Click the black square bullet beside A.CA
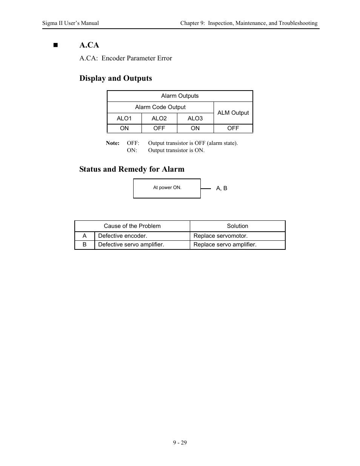[56, 45]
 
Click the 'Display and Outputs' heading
[115, 78]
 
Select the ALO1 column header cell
[124, 118]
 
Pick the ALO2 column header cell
[159, 118]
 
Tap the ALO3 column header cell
[195, 118]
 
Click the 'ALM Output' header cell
[233, 112]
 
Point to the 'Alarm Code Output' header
[160, 107]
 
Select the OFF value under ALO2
[159, 128]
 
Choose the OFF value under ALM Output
[233, 128]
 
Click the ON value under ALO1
[124, 128]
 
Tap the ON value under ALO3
[195, 128]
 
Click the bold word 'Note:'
[112, 143]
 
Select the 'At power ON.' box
[167, 188]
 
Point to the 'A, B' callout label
[222, 188]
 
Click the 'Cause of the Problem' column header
[132, 226]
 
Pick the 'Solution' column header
[237, 226]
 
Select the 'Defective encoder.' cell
[123, 236]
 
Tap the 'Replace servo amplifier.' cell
[225, 245]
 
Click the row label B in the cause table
[85, 245]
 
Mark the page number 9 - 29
[180, 443]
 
